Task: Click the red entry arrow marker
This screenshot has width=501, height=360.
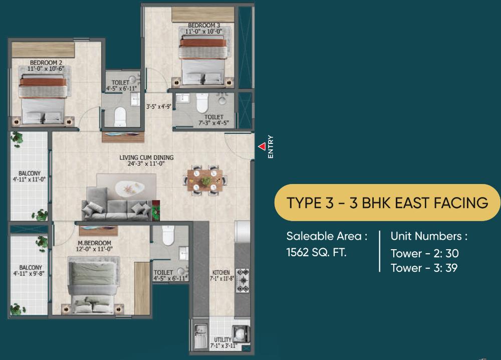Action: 262,146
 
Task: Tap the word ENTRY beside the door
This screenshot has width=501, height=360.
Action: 271,147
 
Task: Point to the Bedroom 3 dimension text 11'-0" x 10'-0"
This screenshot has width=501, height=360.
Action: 203,32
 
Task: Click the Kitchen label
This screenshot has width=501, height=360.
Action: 221,273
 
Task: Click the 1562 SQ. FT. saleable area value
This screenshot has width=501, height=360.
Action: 316,252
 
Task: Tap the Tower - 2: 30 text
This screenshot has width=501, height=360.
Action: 424,254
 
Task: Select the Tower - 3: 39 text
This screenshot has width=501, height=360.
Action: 424,268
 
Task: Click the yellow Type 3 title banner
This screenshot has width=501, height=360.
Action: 387,203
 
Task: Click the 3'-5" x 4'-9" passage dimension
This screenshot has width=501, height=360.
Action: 158,106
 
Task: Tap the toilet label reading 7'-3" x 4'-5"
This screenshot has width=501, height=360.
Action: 213,120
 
